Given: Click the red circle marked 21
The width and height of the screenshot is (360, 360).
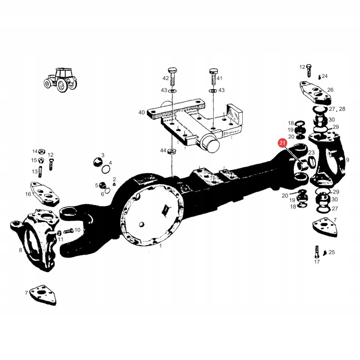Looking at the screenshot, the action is [x=282, y=142].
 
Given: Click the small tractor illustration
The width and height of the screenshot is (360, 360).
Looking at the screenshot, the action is [x=60, y=79].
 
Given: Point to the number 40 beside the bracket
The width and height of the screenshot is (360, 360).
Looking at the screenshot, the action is [x=141, y=113].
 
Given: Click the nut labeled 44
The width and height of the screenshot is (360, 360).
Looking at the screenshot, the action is [x=172, y=151].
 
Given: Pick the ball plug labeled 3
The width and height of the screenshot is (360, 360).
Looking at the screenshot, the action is [x=97, y=162].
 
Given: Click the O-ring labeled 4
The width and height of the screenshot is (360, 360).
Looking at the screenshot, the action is [x=106, y=170].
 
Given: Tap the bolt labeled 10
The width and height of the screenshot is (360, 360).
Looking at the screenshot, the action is [x=68, y=230].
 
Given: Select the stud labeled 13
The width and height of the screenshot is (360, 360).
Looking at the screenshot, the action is [x=40, y=172].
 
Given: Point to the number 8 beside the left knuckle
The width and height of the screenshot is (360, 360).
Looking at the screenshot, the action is [x=20, y=250].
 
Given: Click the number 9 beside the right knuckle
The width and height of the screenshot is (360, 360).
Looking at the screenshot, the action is [x=348, y=160].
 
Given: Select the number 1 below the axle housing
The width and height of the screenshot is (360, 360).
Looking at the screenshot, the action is [x=161, y=246].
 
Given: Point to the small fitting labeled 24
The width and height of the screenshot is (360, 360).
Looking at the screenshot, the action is [x=319, y=76].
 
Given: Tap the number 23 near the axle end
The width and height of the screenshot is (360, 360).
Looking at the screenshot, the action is [x=311, y=152].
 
